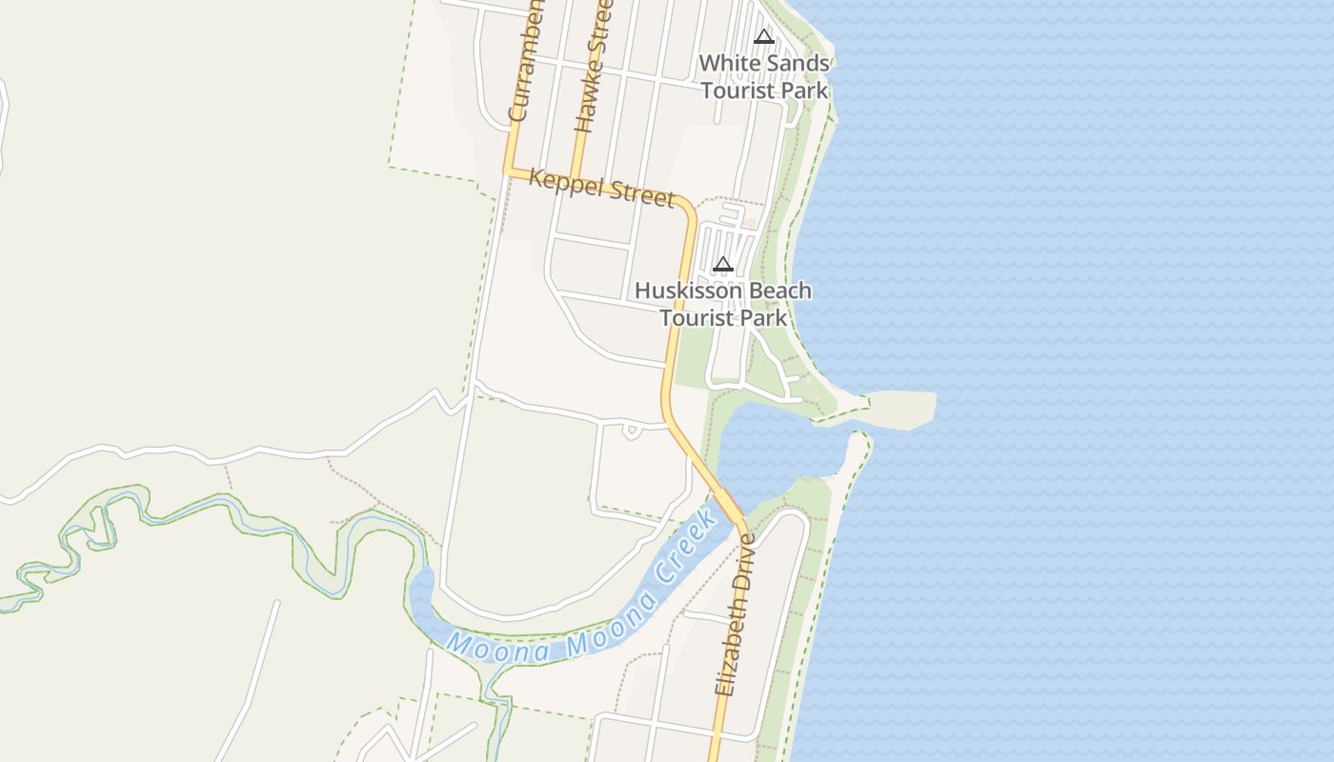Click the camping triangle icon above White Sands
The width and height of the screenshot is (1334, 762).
click(763, 37)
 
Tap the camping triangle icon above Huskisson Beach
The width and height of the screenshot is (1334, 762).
click(722, 264)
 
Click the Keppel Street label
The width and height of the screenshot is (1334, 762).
click(600, 188)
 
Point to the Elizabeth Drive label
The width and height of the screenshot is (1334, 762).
click(735, 613)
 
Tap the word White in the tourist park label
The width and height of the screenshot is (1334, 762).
click(729, 64)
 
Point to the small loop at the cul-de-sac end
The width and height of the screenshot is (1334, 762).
click(631, 431)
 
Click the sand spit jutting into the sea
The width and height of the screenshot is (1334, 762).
click(900, 408)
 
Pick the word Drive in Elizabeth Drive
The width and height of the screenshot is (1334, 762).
click(743, 562)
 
